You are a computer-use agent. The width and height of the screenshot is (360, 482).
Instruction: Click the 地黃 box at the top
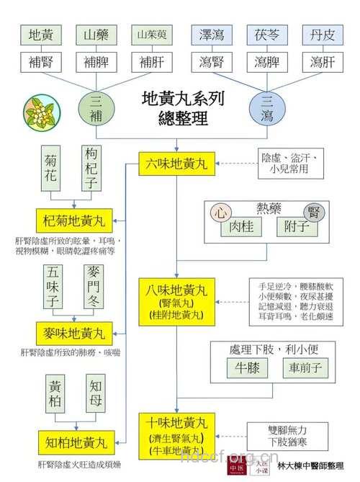41,35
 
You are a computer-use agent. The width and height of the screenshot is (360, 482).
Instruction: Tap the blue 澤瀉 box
207,35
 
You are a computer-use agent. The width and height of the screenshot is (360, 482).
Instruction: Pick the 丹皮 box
322,35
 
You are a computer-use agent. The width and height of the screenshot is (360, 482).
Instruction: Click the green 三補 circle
96,110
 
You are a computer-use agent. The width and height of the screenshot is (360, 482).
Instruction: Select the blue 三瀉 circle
266,110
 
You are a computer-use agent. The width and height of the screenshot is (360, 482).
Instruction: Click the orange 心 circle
221,213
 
